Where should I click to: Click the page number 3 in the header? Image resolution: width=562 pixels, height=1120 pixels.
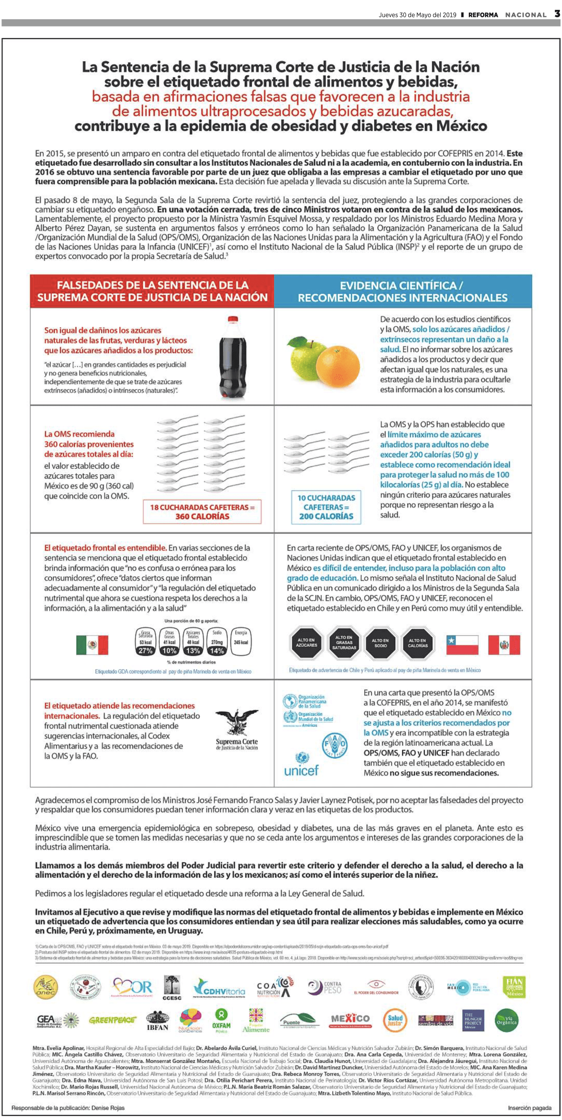[557, 14]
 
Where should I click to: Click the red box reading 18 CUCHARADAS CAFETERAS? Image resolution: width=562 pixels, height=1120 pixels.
[202, 512]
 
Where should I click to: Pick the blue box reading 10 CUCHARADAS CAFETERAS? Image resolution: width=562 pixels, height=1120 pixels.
[326, 507]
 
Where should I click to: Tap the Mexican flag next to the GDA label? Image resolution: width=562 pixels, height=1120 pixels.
[92, 645]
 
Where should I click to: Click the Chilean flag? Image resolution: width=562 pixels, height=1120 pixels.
[462, 645]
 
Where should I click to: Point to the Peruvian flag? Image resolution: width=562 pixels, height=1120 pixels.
[504, 645]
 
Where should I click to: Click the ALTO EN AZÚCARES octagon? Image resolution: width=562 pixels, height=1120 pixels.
[306, 643]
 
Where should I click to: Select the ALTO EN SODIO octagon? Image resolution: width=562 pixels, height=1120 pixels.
[381, 643]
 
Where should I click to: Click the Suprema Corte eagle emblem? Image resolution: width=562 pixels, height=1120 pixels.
[237, 722]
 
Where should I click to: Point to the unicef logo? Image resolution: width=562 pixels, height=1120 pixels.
[301, 765]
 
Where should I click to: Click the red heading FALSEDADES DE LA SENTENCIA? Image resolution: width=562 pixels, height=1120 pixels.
[152, 291]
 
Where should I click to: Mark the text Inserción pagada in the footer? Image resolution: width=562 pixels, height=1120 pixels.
[529, 1108]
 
